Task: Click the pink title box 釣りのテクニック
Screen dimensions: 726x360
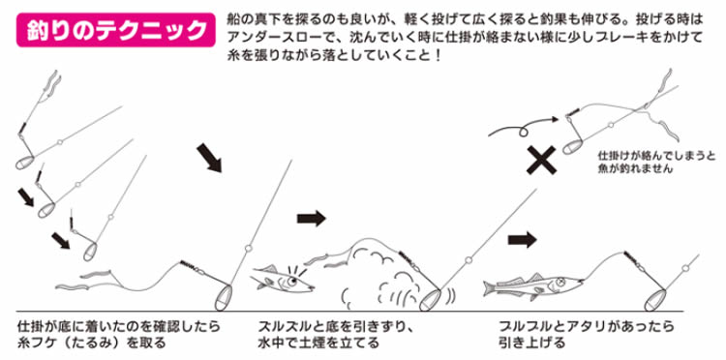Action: (116, 30)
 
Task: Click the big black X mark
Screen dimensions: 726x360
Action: (541, 160)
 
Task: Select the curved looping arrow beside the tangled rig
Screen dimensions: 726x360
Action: (523, 127)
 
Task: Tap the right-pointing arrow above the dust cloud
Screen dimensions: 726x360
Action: (312, 218)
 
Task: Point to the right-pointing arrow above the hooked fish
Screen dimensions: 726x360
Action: (523, 240)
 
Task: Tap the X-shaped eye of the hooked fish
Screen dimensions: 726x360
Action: (561, 281)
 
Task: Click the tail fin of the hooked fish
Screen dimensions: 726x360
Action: (489, 287)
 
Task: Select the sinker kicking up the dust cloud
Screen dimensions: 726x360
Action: (430, 299)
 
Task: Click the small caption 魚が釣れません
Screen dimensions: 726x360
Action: (635, 169)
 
